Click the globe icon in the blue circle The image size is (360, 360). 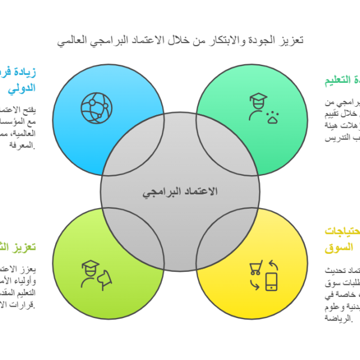tap(96, 107)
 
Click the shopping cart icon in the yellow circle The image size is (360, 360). tap(256, 269)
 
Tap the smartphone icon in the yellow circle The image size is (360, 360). tap(271, 281)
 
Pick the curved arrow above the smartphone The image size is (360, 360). tap(274, 264)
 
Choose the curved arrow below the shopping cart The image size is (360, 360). tap(255, 285)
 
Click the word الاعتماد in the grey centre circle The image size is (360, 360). tap(199, 191)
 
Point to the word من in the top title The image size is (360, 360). tap(209, 40)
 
